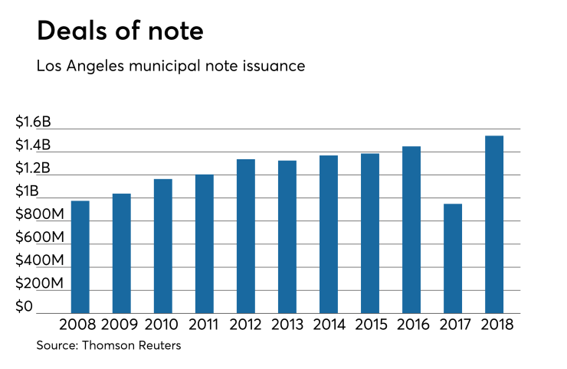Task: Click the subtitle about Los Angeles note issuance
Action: click(171, 67)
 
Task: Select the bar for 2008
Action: click(80, 256)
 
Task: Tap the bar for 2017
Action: click(453, 258)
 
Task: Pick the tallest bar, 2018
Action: click(494, 224)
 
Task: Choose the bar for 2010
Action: click(163, 246)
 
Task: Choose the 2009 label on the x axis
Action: click(122, 324)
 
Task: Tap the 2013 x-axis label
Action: click(287, 324)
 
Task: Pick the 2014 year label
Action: click(329, 324)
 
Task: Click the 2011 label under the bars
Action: click(205, 324)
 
